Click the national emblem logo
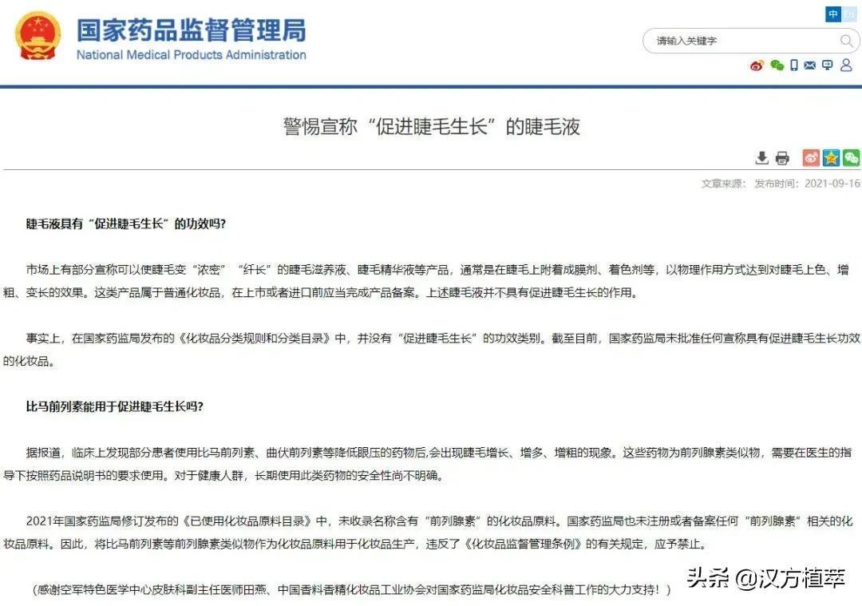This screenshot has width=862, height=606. point(37,36)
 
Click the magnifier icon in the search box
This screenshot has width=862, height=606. point(846,41)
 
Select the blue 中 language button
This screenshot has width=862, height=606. point(833,14)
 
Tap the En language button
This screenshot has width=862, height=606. point(848,14)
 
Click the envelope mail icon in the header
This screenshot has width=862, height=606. point(810,65)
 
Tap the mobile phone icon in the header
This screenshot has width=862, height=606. point(793,65)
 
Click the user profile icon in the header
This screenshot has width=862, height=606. point(846,65)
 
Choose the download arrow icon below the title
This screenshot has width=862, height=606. point(762,157)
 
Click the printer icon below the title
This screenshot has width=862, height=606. point(782,157)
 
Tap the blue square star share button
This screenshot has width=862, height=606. point(832,157)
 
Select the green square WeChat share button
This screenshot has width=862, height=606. point(852,157)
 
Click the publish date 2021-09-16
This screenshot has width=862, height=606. point(832,184)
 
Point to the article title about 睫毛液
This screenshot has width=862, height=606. point(431,126)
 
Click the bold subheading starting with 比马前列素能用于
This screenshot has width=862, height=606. point(115,406)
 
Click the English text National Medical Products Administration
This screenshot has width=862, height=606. point(191,55)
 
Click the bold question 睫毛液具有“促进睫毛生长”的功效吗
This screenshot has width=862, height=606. point(126,224)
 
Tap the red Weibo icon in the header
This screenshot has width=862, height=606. point(757,65)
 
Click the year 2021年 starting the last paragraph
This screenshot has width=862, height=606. point(43,521)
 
